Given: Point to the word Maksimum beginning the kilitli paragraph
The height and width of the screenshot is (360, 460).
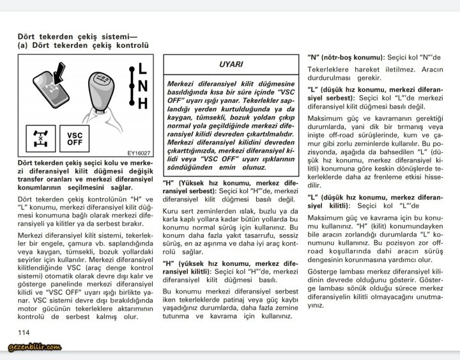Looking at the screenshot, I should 326,219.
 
